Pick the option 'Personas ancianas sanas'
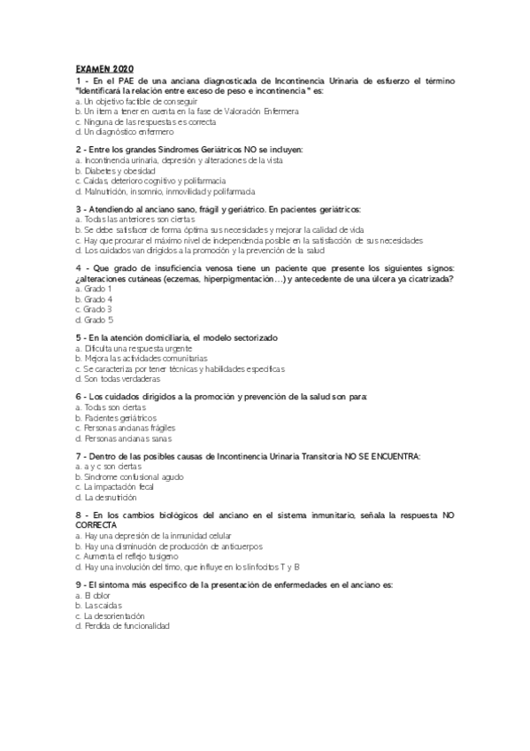(x=127, y=437)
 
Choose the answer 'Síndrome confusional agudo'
(x=134, y=476)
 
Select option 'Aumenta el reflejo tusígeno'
(x=135, y=556)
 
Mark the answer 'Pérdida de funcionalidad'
(x=127, y=626)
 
